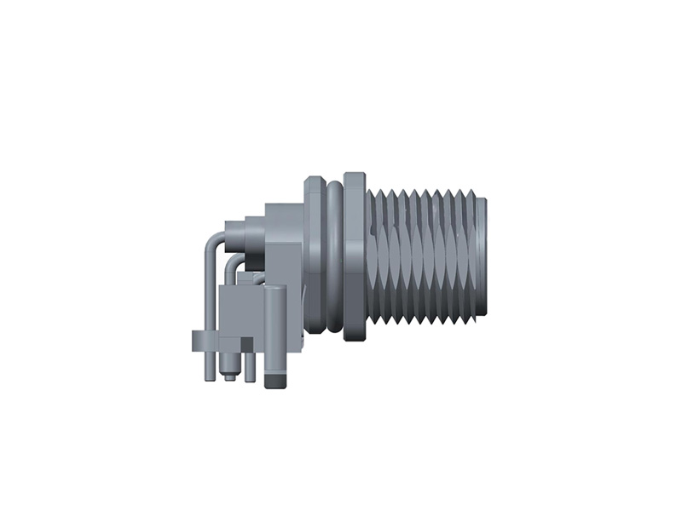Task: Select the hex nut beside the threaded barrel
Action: point(355,255)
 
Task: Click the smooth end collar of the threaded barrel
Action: point(481,255)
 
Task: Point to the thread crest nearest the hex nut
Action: point(376,255)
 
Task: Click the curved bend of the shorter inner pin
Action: point(232,266)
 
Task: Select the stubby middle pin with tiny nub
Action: point(228,366)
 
